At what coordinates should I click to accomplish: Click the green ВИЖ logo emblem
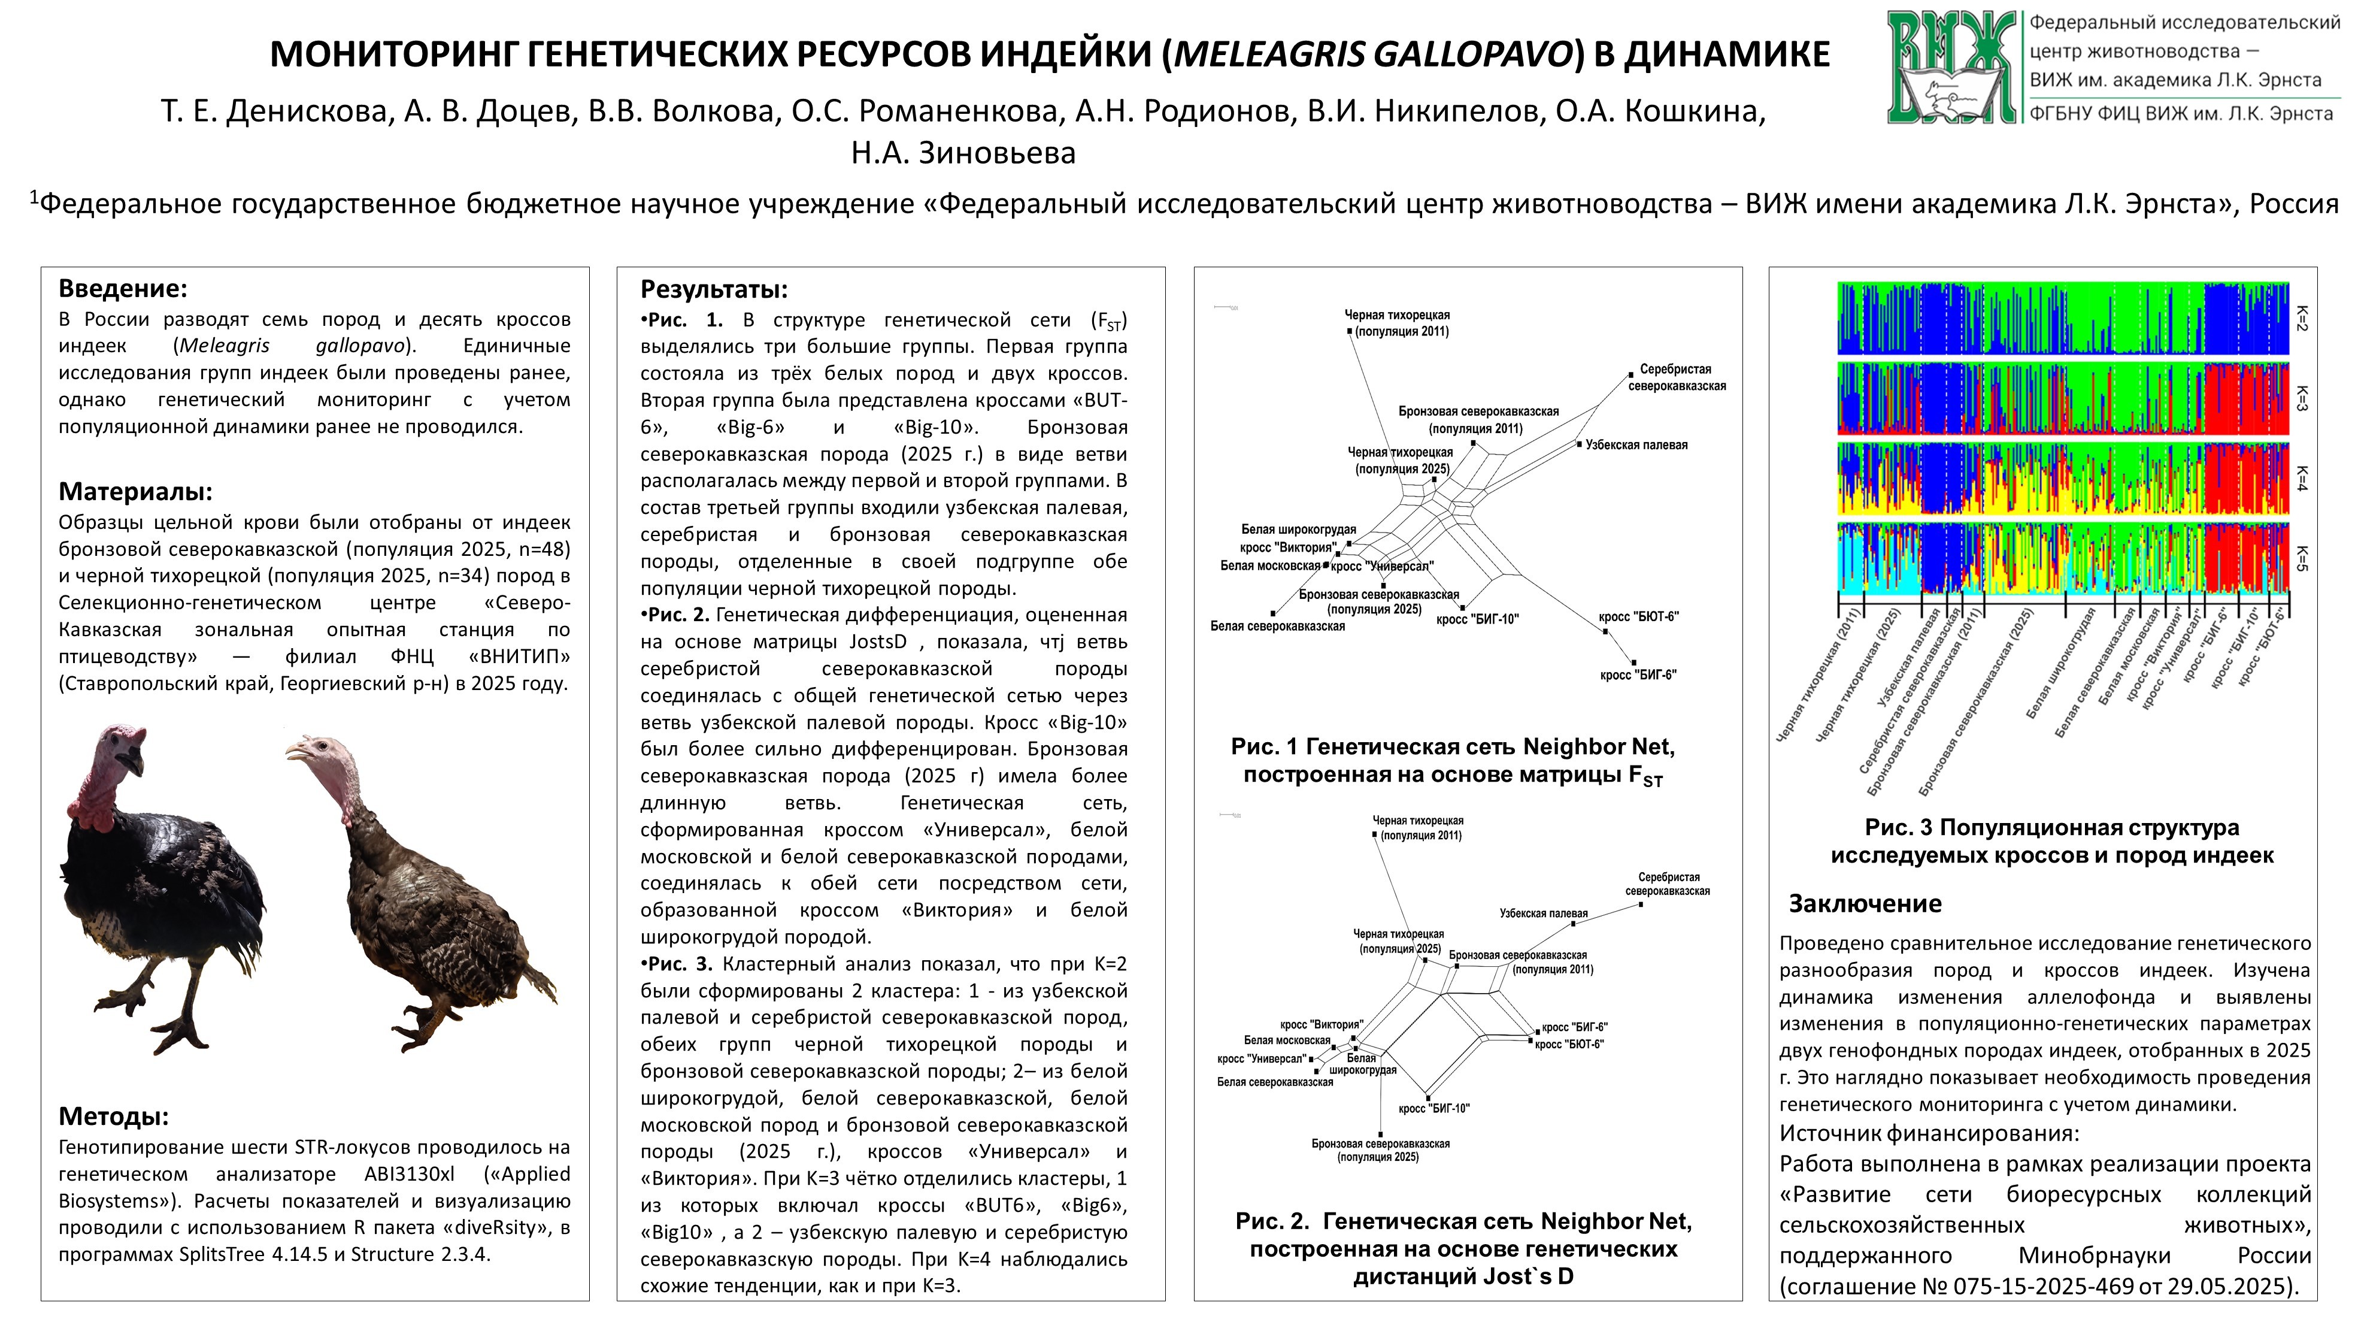click(x=1952, y=66)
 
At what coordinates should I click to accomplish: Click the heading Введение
click(x=123, y=289)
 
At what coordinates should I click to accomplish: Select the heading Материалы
click(x=135, y=492)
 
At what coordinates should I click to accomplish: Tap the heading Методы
click(x=113, y=1117)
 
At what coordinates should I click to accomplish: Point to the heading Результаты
click(x=714, y=290)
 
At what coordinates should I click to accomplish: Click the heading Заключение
click(x=1865, y=903)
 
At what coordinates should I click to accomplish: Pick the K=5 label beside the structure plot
click(x=2302, y=558)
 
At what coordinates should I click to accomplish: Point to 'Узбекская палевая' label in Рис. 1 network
click(x=1636, y=445)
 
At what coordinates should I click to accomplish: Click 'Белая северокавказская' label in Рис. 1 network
click(x=1277, y=627)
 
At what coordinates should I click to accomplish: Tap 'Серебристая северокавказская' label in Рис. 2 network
click(x=1668, y=884)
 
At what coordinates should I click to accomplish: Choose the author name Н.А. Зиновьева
click(x=963, y=153)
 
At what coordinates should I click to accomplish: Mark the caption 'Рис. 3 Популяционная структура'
click(x=2051, y=828)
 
